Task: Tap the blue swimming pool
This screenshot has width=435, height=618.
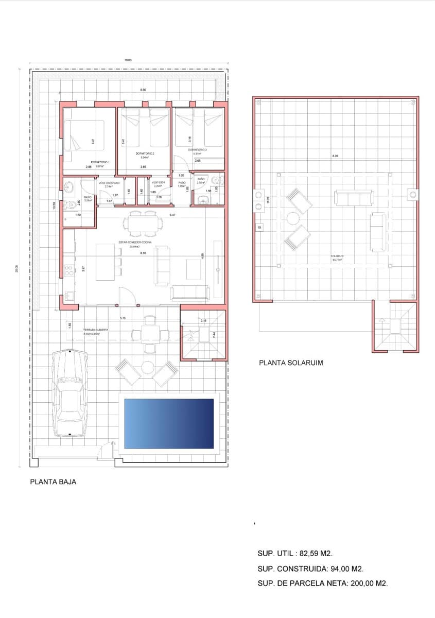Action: point(169,423)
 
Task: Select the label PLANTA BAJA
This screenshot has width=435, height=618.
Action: point(53,482)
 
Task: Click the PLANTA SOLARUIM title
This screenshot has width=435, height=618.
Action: point(291,363)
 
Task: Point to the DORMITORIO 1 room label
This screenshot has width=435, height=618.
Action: point(100,162)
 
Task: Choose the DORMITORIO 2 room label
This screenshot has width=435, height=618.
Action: point(145,153)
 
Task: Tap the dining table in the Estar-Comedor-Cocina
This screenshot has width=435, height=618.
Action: point(141,224)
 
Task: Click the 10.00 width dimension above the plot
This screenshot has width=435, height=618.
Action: point(128,60)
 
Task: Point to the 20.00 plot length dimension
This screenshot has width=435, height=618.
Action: point(16,267)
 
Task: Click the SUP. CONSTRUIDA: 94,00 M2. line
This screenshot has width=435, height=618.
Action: point(310,569)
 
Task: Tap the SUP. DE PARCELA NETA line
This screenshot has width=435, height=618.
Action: point(322,583)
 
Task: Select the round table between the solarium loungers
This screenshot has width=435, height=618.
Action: point(293,218)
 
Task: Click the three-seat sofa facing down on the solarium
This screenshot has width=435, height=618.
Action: point(353,198)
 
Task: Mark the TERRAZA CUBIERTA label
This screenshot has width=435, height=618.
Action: point(95,330)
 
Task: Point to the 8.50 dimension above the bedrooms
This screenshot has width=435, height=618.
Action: point(143,90)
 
